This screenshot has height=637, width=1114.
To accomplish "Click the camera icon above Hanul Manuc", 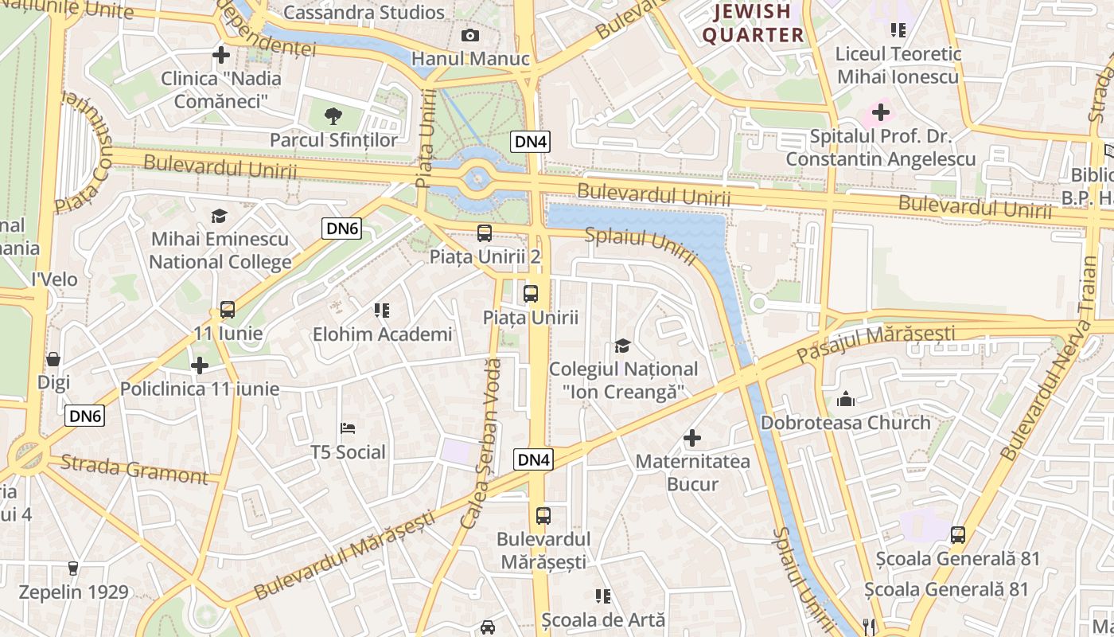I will (x=470, y=35).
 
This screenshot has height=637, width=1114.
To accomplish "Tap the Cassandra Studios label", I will (x=364, y=13).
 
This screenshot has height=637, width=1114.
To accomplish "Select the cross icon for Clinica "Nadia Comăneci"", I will (x=221, y=55).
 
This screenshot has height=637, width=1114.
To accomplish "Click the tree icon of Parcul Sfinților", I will (x=333, y=116).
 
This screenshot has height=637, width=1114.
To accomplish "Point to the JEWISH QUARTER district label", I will (x=753, y=23).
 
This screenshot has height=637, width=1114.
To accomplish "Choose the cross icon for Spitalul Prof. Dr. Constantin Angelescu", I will (x=881, y=112).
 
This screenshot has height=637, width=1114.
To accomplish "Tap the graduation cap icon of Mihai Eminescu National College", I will (x=219, y=216).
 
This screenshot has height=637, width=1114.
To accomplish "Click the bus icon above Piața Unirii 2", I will (x=484, y=233).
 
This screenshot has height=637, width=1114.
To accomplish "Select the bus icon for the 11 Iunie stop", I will (x=228, y=310).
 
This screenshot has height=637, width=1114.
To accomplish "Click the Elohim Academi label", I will (x=382, y=334).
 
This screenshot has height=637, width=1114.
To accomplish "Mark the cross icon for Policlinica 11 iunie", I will (x=200, y=365).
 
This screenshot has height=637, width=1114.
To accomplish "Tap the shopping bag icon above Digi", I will (x=53, y=359).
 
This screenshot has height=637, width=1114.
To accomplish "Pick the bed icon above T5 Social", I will (x=348, y=428).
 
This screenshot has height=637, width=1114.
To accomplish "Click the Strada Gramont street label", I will (x=134, y=469).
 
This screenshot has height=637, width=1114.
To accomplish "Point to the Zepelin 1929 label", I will (x=73, y=592).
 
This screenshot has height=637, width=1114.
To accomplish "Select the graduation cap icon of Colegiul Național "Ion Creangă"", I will (x=622, y=346).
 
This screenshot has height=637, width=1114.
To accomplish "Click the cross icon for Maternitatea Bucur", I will (x=692, y=438).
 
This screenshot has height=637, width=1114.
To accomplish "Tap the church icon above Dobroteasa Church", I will (x=846, y=399).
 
